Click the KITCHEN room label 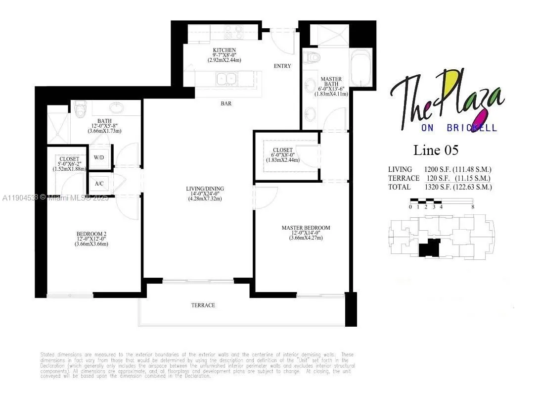(221, 50)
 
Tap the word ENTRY (282, 66)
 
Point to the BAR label (226, 104)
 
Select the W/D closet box (99, 158)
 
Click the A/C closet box (99, 184)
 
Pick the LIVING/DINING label (205, 189)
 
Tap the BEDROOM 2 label (91, 234)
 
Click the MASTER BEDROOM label (306, 228)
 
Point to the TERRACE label (203, 305)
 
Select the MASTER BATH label (331, 79)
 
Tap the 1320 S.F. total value (431, 187)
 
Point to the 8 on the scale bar (473, 207)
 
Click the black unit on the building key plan (429, 247)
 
